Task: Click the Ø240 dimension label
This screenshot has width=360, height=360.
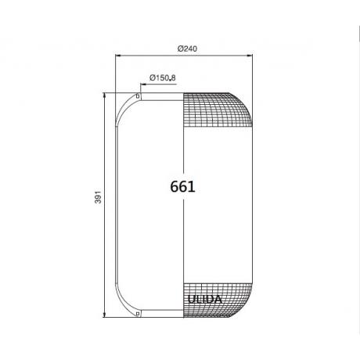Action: click(187, 49)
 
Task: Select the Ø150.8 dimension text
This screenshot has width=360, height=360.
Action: click(163, 77)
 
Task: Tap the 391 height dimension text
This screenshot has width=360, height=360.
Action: click(98, 197)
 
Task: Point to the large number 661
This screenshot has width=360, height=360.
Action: click(182, 187)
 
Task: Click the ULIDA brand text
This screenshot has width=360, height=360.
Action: click(205, 299)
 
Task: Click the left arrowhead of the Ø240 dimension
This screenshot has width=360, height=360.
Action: click(118, 56)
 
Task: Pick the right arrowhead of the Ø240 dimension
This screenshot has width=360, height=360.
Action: click(250, 56)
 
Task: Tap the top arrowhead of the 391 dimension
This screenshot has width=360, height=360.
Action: click(105, 95)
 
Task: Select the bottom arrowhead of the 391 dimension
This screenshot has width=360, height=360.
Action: click(105, 315)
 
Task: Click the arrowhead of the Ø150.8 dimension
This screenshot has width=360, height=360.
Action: click(143, 84)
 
